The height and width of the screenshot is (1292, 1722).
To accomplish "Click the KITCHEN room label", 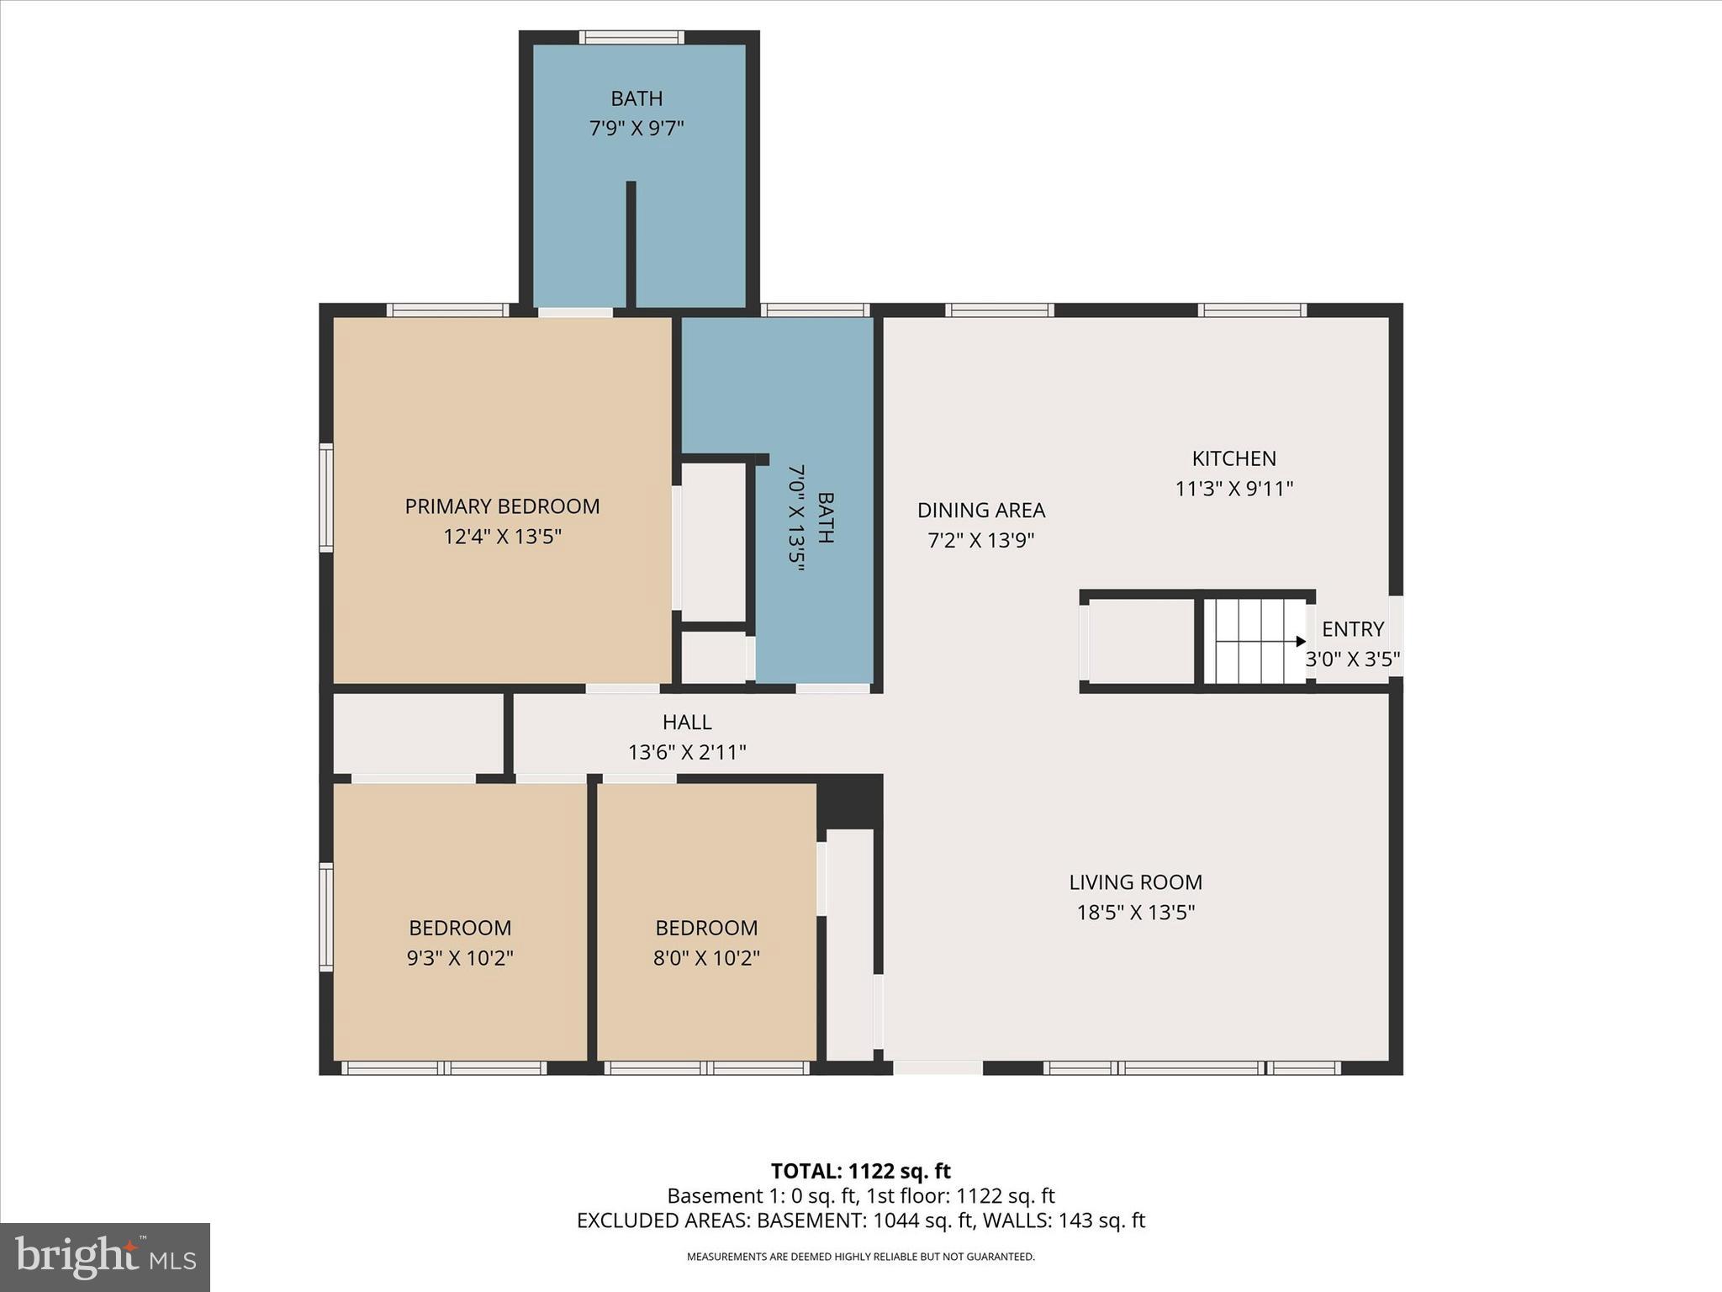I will coord(1233,458).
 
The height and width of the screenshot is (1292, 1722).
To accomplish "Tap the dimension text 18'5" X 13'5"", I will coord(1135,913).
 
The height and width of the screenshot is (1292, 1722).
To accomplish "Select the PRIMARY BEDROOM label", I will coord(502,506).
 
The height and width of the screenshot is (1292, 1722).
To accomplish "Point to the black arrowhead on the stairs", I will coord(1301,642).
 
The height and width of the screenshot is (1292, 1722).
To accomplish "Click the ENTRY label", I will coord(1352,629).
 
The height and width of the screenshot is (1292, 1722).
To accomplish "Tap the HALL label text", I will coord(687,722).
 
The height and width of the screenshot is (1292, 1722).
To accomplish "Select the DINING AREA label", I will coord(980,511).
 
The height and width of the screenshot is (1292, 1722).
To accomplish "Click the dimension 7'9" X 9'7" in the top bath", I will coord(637,129).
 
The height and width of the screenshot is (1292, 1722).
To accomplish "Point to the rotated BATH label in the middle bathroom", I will coord(825,518).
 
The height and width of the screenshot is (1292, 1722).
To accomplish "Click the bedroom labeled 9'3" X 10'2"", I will coord(460,942).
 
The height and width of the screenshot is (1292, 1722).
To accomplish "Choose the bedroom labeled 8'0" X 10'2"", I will coord(706,942).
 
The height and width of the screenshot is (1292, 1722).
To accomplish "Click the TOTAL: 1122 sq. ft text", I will coord(860,1171).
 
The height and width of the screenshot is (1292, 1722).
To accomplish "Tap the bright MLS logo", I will coord(105,1257).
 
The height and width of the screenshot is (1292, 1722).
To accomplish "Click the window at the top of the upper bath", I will coord(631,37).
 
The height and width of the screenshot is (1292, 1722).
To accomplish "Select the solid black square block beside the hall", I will coord(849,800).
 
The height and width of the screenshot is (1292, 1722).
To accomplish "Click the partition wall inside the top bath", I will coord(631,244).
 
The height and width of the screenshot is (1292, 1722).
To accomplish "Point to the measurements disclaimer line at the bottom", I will coord(860,1257).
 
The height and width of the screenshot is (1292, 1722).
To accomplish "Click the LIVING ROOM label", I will coord(1135,882).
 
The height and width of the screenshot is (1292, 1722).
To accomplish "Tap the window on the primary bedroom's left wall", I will coord(326,497).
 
